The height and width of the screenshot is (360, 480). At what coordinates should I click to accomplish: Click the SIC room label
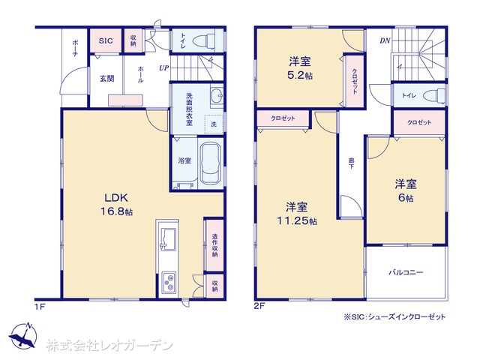[106, 40]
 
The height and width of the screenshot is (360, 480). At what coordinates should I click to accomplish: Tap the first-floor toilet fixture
[205, 40]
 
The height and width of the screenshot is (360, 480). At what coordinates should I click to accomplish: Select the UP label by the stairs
[163, 67]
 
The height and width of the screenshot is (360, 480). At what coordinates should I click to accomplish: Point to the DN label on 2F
[385, 40]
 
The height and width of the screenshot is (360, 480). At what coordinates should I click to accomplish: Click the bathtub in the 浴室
[211, 164]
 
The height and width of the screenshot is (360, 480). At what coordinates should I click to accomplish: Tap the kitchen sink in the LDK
[167, 239]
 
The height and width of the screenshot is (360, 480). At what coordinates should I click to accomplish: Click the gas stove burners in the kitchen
[169, 282]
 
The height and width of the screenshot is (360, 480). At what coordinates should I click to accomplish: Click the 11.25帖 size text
[297, 220]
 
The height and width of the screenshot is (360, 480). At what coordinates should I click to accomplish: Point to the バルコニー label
[406, 271]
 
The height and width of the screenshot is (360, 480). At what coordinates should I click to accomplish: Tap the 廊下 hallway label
[351, 163]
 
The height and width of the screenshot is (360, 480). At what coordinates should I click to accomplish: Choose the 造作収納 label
[215, 245]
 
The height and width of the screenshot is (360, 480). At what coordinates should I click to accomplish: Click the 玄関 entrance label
[106, 79]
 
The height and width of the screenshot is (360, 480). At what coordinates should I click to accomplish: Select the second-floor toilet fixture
[434, 95]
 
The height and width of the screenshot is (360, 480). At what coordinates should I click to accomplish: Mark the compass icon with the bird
[24, 335]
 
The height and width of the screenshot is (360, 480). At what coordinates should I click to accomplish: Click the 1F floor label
[40, 306]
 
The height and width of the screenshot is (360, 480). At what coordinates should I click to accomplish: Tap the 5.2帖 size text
[300, 75]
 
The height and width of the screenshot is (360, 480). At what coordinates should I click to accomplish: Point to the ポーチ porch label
[75, 48]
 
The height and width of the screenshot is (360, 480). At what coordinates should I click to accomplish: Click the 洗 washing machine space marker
[214, 124]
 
